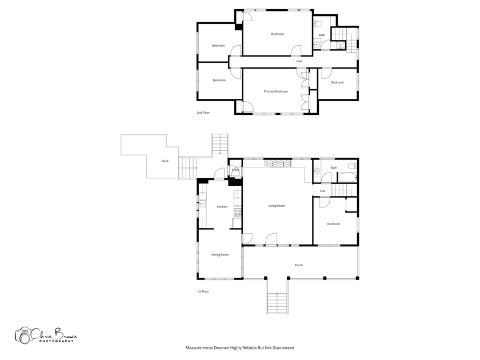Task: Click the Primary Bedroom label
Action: pos(276,91)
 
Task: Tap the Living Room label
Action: pos(277,206)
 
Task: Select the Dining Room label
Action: pos(220,255)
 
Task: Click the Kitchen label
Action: pos(222,207)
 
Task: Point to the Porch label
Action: pos(299,265)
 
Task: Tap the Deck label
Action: pos(165,161)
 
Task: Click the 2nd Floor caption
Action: pos(203,113)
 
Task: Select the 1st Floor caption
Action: pos(203,291)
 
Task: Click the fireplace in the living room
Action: pos(278,163)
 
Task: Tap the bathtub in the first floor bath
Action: pos(347,177)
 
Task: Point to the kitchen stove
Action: pos(238,213)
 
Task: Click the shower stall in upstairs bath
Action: pos(341,46)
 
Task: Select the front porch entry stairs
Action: pos(277,303)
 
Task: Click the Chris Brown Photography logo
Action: pos(46,335)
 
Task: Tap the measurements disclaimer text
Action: pos(239,348)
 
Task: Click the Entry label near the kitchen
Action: pos(235,170)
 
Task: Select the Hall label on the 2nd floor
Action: pos(299,62)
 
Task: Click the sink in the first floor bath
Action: pos(317,171)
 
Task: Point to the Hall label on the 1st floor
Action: pos(322,191)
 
